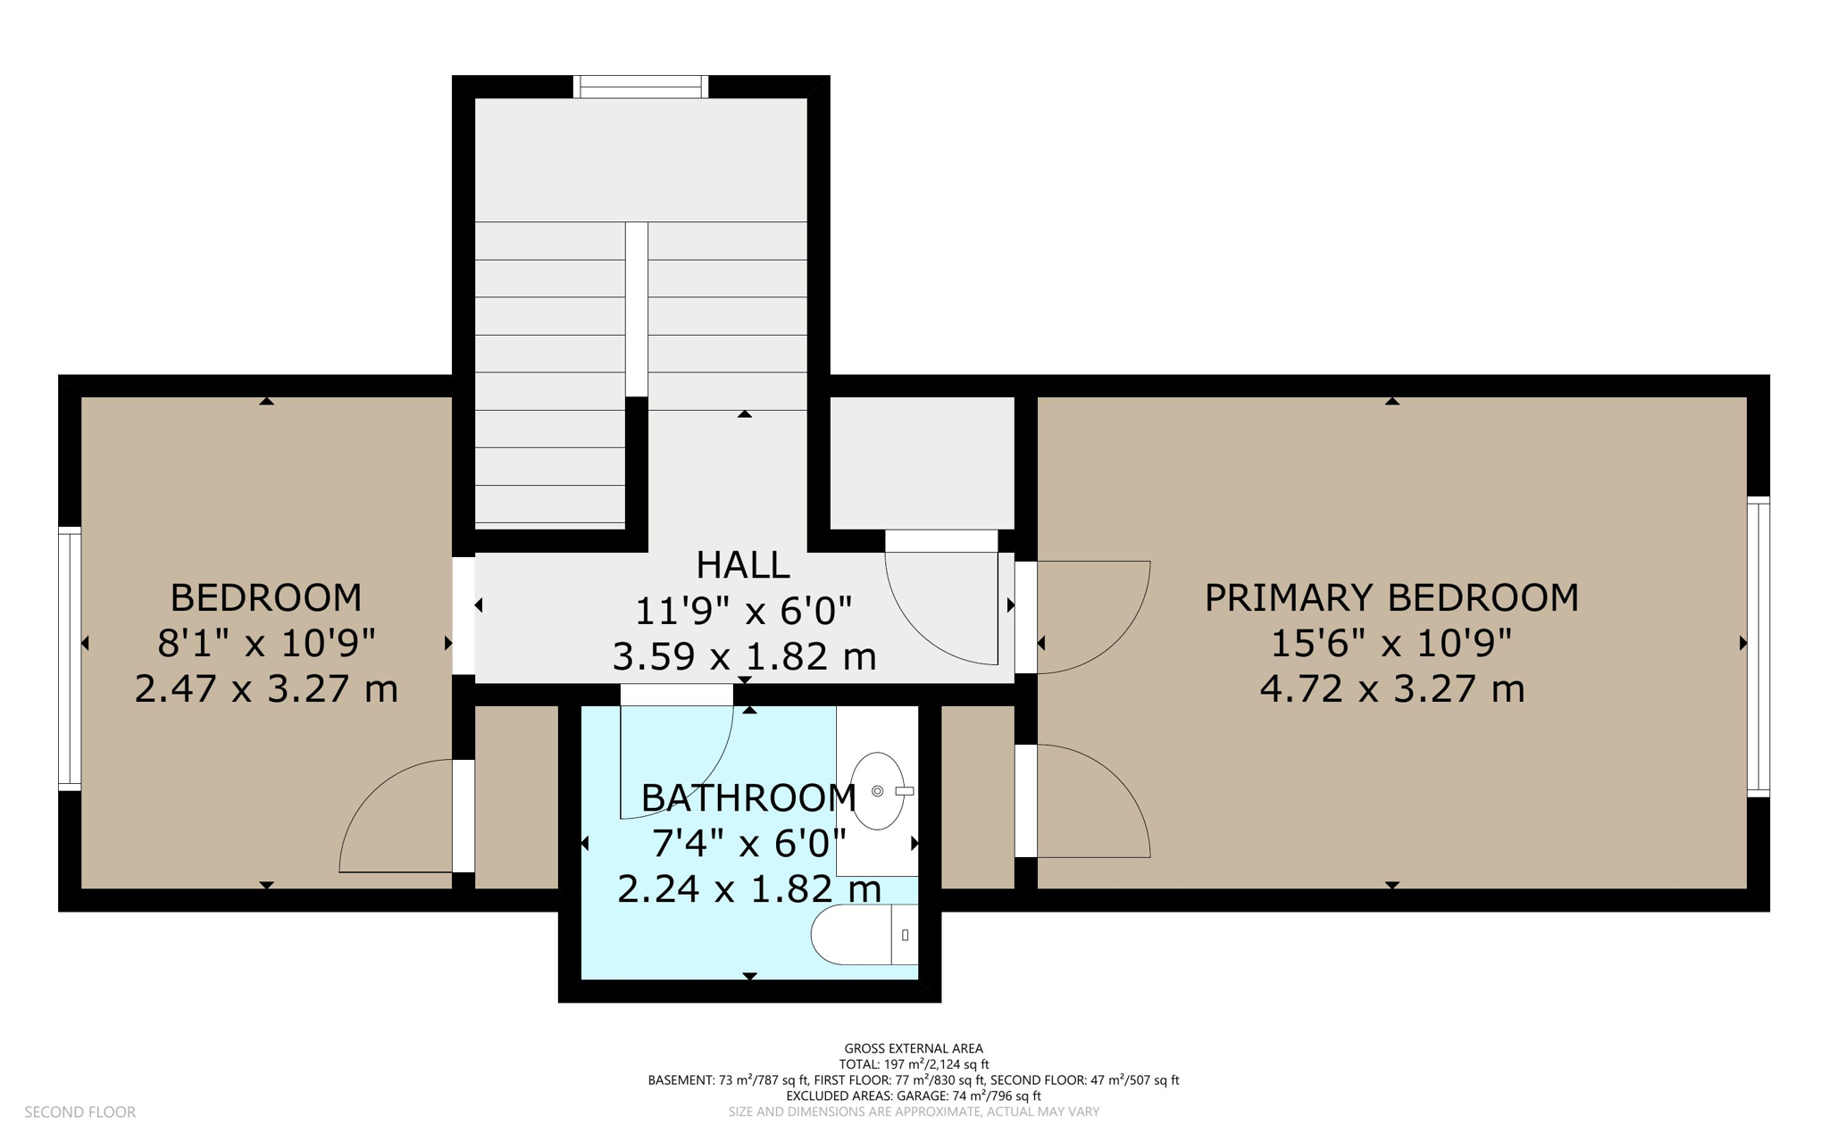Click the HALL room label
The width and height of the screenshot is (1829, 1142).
[742, 564]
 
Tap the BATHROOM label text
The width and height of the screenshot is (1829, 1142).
[748, 797]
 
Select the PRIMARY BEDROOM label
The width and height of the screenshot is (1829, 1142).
[1391, 597]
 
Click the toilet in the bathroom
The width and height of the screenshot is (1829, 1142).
[864, 935]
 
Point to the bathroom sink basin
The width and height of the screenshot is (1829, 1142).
[878, 791]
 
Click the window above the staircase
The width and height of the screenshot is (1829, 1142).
[640, 87]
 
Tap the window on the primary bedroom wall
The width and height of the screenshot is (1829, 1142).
[1758, 646]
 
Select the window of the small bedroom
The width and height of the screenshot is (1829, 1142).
[70, 659]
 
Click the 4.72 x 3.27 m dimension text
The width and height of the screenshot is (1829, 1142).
[1391, 689]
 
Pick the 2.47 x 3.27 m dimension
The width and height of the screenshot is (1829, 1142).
[266, 689]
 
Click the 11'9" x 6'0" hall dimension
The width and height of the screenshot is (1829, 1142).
[743, 612]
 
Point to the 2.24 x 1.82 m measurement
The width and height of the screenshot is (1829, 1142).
[749, 889]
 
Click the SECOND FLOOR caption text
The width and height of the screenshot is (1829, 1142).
[80, 1112]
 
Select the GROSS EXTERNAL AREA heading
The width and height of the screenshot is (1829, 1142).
[914, 1048]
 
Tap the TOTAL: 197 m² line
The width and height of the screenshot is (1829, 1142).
[914, 1064]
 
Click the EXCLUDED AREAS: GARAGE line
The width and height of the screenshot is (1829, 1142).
[914, 1096]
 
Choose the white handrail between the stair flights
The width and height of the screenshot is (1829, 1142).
[636, 309]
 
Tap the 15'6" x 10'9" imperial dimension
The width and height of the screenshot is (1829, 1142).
[1391, 643]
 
